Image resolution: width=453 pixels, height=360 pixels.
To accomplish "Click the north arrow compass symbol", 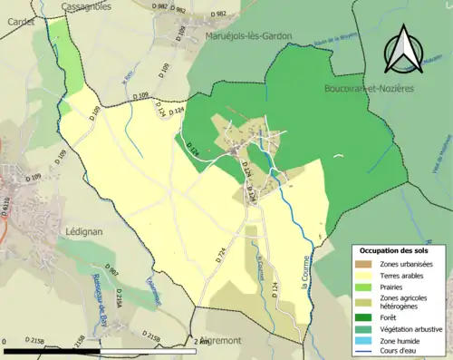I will [405, 51].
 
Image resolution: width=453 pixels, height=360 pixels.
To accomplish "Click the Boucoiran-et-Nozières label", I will [369, 89].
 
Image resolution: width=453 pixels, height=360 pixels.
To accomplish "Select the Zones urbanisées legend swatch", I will [364, 264].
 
